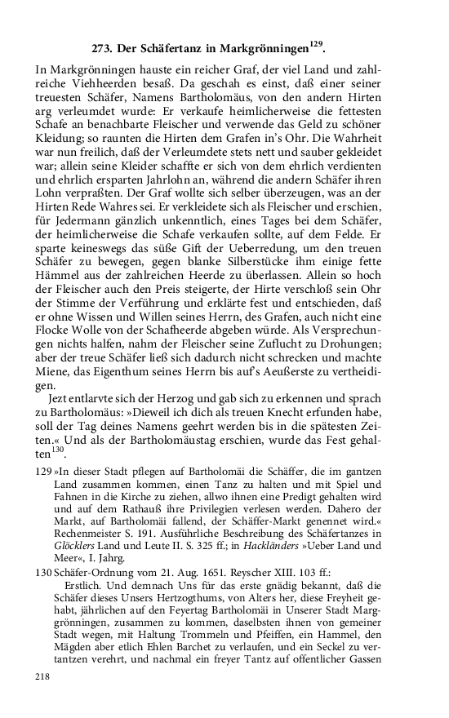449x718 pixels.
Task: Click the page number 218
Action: [x=47, y=698]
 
